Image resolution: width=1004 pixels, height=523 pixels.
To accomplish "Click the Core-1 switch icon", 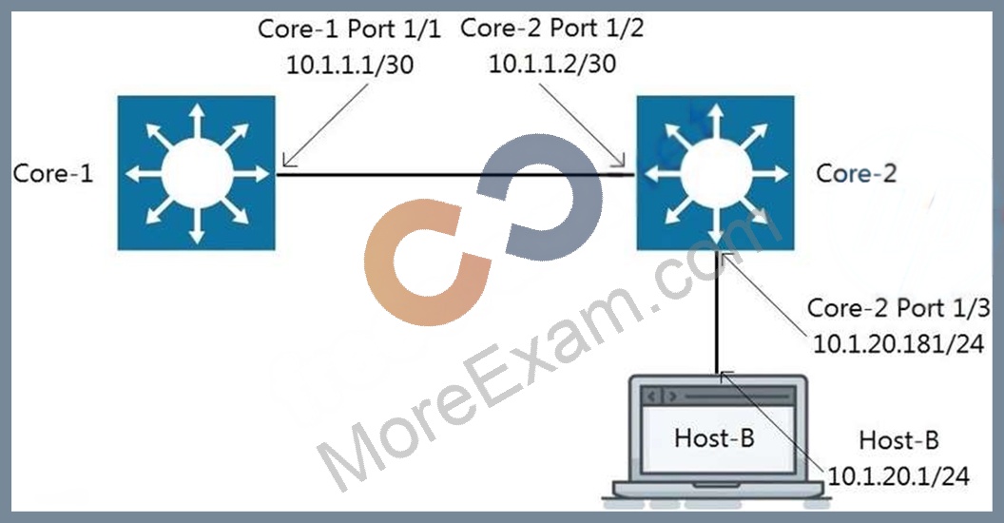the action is [x=197, y=173].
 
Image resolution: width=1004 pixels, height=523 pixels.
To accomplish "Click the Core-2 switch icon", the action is [x=715, y=173].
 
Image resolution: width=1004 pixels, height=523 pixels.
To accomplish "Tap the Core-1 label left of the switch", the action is [x=53, y=173].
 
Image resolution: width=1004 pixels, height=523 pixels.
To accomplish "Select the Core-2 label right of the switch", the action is [x=857, y=173].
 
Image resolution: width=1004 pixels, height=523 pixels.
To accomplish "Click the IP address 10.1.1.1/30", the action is [x=350, y=65].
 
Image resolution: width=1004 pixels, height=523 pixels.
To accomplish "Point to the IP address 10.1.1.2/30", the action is [x=552, y=64].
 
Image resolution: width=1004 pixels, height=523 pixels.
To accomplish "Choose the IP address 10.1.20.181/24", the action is [x=898, y=344].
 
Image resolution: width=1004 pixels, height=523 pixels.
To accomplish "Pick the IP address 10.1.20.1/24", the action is [x=899, y=476].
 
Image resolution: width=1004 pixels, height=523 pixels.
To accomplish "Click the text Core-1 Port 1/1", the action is [x=350, y=29].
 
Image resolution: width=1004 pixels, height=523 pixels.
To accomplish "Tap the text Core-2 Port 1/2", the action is [x=552, y=29].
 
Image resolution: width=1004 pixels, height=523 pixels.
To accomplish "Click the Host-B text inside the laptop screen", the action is [x=715, y=438].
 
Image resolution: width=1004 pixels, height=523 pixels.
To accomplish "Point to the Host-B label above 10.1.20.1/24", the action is [x=899, y=440].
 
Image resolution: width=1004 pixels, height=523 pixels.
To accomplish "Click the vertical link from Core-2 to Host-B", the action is [x=717, y=313].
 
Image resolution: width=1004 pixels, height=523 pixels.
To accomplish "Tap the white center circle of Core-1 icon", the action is [x=197, y=173].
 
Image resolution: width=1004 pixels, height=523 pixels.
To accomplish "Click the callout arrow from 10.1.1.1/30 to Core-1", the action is [x=326, y=125].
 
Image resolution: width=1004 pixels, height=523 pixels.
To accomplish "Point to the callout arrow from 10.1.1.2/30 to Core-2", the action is [x=582, y=125].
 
